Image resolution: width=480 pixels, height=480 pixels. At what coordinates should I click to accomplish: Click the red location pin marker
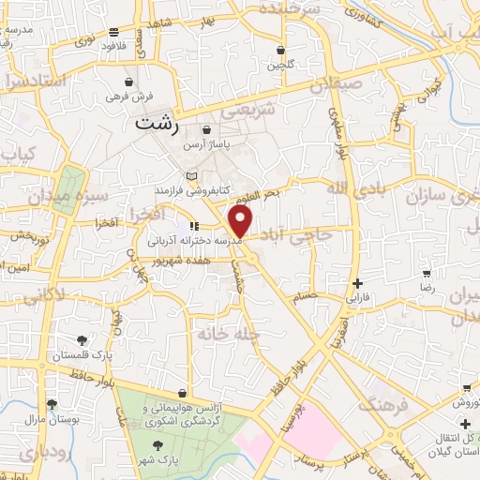241,221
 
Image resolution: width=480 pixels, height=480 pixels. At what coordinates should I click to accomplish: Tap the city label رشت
156,123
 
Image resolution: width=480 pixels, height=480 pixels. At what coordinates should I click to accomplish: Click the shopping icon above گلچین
280,50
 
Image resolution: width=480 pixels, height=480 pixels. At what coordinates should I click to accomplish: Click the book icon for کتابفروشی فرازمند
192,175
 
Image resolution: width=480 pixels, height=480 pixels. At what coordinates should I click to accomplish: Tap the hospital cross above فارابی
356,283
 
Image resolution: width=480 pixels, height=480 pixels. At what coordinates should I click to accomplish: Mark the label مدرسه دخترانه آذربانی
193,240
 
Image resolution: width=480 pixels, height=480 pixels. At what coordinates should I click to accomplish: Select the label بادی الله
352,188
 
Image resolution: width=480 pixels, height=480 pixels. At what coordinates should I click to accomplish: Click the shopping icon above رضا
427,275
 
